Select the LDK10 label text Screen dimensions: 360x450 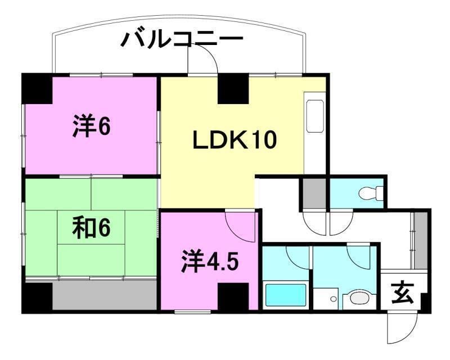point(235,140)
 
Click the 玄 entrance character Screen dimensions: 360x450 point(400,292)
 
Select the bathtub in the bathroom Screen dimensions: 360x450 point(285,295)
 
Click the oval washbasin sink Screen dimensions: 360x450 point(357,298)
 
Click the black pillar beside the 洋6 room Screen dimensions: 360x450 point(37,89)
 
